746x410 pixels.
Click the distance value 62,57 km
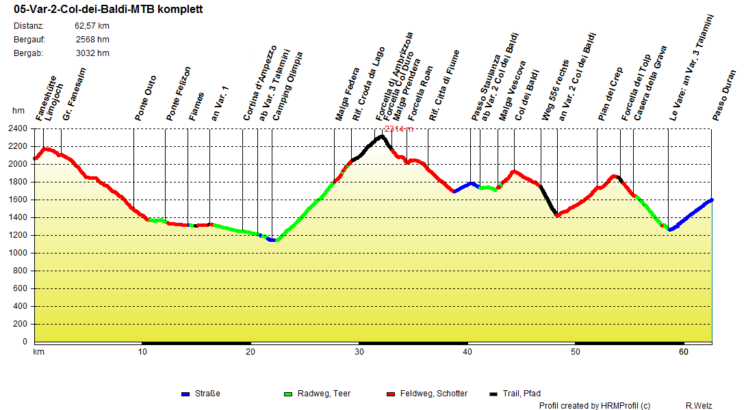tap(92, 26)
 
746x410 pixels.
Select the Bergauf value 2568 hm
tap(92, 40)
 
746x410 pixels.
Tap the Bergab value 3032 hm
tap(92, 53)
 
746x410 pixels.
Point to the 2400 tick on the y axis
tap(18, 128)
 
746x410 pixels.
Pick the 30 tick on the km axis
tap(359, 352)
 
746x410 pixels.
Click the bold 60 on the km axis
tap(683, 352)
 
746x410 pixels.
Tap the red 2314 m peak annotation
tap(398, 129)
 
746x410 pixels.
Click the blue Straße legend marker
tap(185, 394)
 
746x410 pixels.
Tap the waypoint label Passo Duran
tap(724, 96)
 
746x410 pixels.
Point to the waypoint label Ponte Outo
tap(146, 98)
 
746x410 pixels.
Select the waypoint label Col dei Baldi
tap(528, 95)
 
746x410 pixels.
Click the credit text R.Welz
tap(699, 406)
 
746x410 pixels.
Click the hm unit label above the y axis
tap(18, 111)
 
